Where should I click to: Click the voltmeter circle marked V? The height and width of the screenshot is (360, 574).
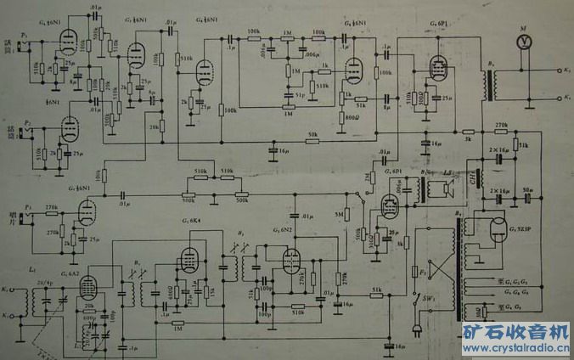pos(524,39)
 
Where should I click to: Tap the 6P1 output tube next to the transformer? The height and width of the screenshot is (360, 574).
pos(438,65)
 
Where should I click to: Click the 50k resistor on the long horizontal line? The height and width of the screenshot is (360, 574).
pos(313,140)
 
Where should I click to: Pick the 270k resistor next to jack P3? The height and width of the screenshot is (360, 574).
pos(51,207)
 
